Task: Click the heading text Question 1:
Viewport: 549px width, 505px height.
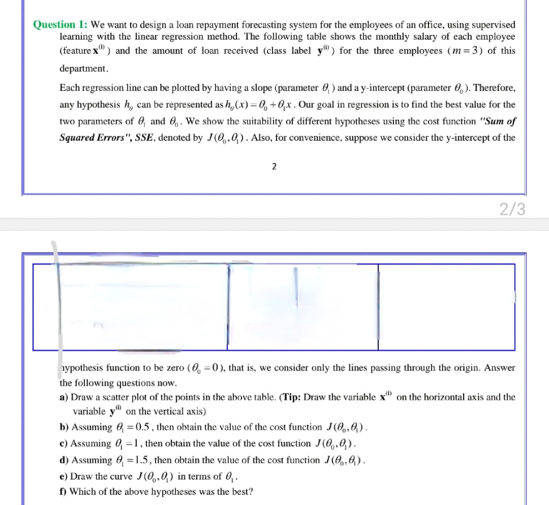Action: pyautogui.click(x=60, y=24)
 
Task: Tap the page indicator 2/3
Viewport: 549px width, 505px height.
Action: pyautogui.click(x=512, y=209)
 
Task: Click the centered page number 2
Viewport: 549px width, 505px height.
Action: pyautogui.click(x=274, y=167)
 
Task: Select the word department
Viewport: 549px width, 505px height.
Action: pyautogui.click(x=83, y=68)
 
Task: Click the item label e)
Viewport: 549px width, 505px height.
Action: pyautogui.click(x=64, y=477)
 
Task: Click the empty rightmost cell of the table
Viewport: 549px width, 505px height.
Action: pyautogui.click(x=446, y=307)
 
